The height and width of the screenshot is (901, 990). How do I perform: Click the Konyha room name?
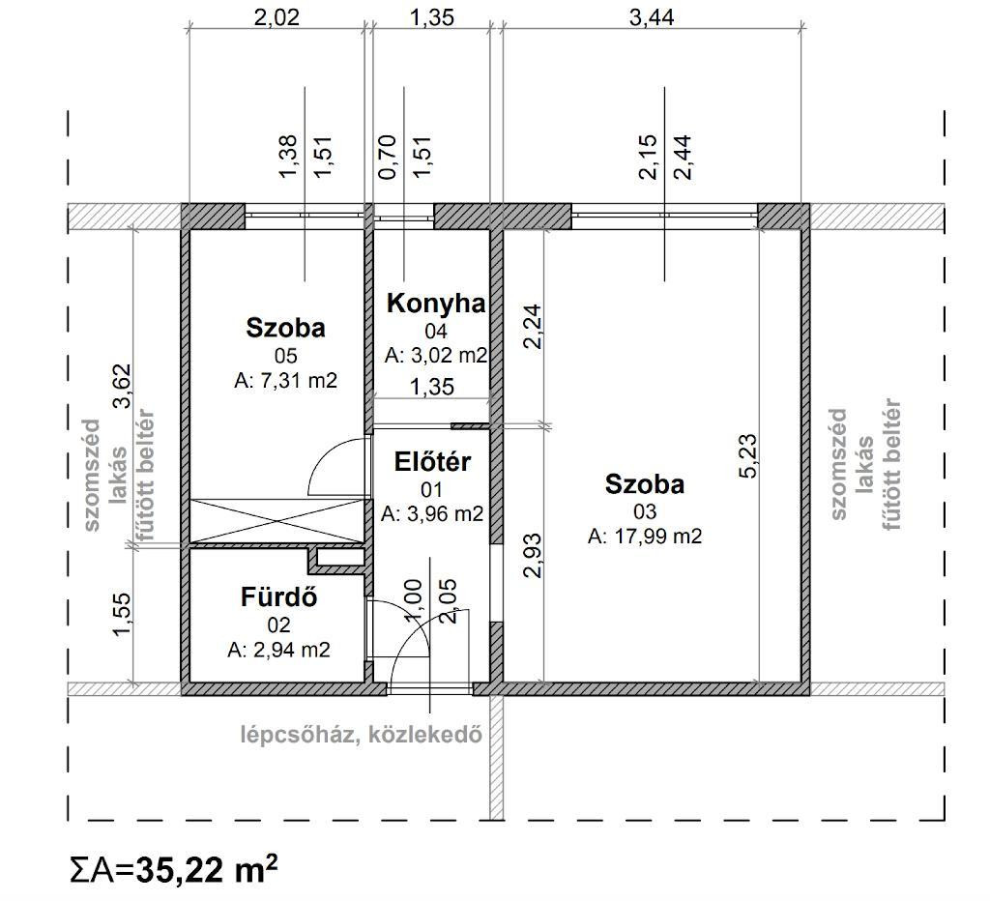436,304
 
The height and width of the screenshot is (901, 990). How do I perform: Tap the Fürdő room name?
278,597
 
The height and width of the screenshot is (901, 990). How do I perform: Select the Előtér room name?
432,462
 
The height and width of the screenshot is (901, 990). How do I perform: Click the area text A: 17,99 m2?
645,537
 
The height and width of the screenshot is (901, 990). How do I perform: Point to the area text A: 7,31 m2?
285,381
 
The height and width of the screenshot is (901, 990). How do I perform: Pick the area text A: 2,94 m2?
278,650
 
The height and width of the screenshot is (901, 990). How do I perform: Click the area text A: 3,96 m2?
432,514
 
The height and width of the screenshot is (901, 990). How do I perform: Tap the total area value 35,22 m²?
207,870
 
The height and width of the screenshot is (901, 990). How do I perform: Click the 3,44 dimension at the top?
652,17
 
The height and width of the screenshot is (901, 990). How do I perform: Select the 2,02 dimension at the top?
277,17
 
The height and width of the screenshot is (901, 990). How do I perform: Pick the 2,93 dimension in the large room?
533,556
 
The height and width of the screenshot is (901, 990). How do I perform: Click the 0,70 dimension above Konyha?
387,158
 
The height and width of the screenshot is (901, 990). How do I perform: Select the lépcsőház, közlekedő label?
362,735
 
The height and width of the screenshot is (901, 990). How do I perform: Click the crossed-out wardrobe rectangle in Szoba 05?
277,520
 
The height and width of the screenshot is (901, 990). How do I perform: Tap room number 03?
645,511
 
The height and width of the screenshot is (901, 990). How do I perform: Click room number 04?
436,331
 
